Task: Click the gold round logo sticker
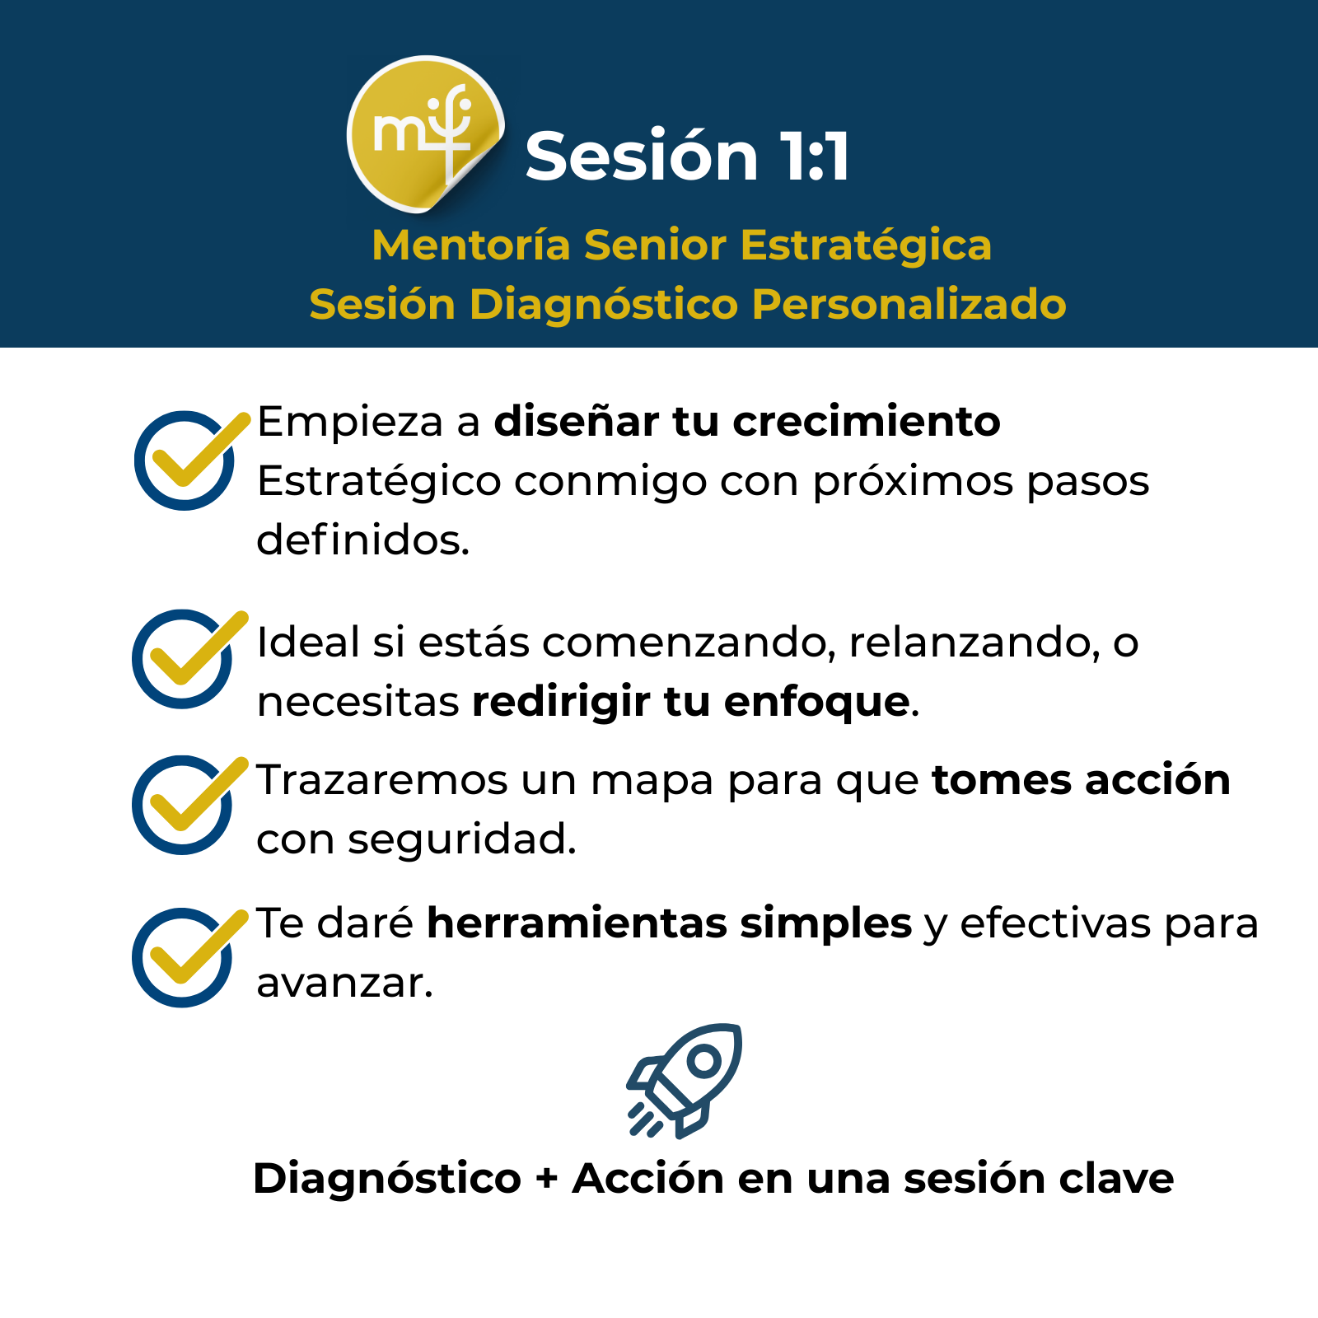click(x=425, y=134)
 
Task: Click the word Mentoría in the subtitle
click(x=471, y=245)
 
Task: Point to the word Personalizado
click(x=909, y=304)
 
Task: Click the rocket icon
click(x=684, y=1081)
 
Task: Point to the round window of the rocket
click(x=704, y=1061)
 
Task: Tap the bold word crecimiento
click(x=867, y=422)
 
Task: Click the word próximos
click(x=914, y=484)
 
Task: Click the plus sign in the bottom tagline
click(x=547, y=1179)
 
